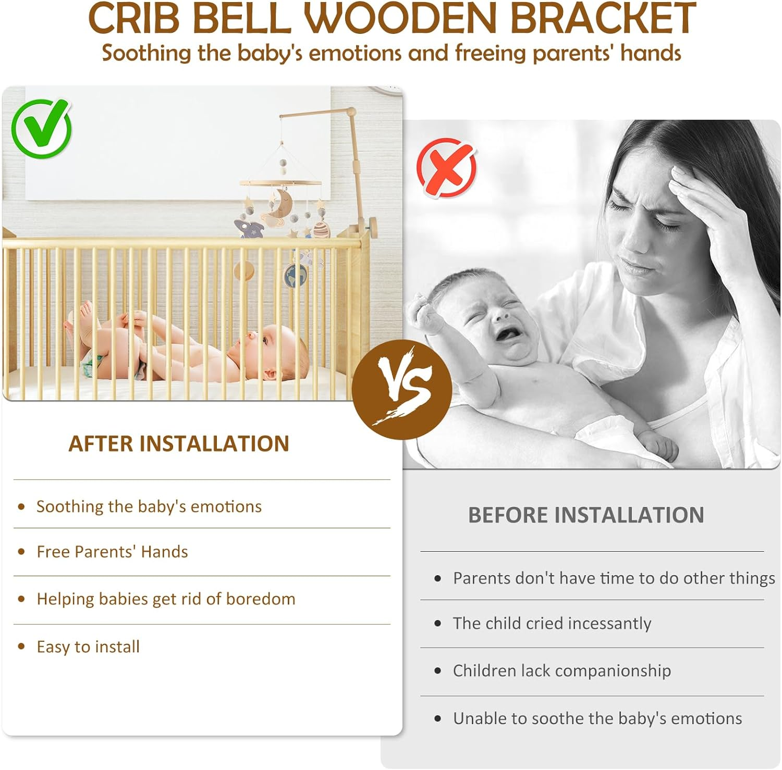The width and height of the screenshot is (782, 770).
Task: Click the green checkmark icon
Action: [41, 128]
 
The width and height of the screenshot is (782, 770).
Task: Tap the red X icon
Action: [446, 167]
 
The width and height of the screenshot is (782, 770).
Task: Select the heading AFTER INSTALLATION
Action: [179, 444]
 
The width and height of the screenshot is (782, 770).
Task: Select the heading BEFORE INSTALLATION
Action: [586, 515]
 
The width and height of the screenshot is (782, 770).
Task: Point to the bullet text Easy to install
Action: [88, 647]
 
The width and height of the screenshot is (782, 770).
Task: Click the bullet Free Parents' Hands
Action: [112, 552]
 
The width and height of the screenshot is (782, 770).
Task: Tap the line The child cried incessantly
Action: [552, 624]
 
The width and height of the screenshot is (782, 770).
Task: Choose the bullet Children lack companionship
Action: [561, 671]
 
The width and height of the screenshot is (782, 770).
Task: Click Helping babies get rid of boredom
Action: [166, 599]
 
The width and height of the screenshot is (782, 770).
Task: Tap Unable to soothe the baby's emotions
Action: [597, 719]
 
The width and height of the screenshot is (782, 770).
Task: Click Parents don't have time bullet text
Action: [614, 578]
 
